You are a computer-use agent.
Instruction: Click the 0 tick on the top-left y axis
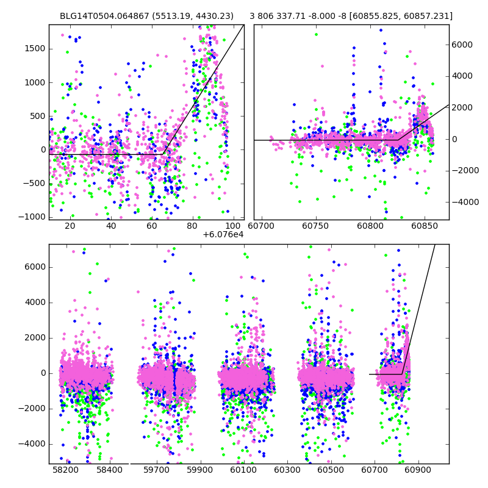(x=43, y=149)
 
